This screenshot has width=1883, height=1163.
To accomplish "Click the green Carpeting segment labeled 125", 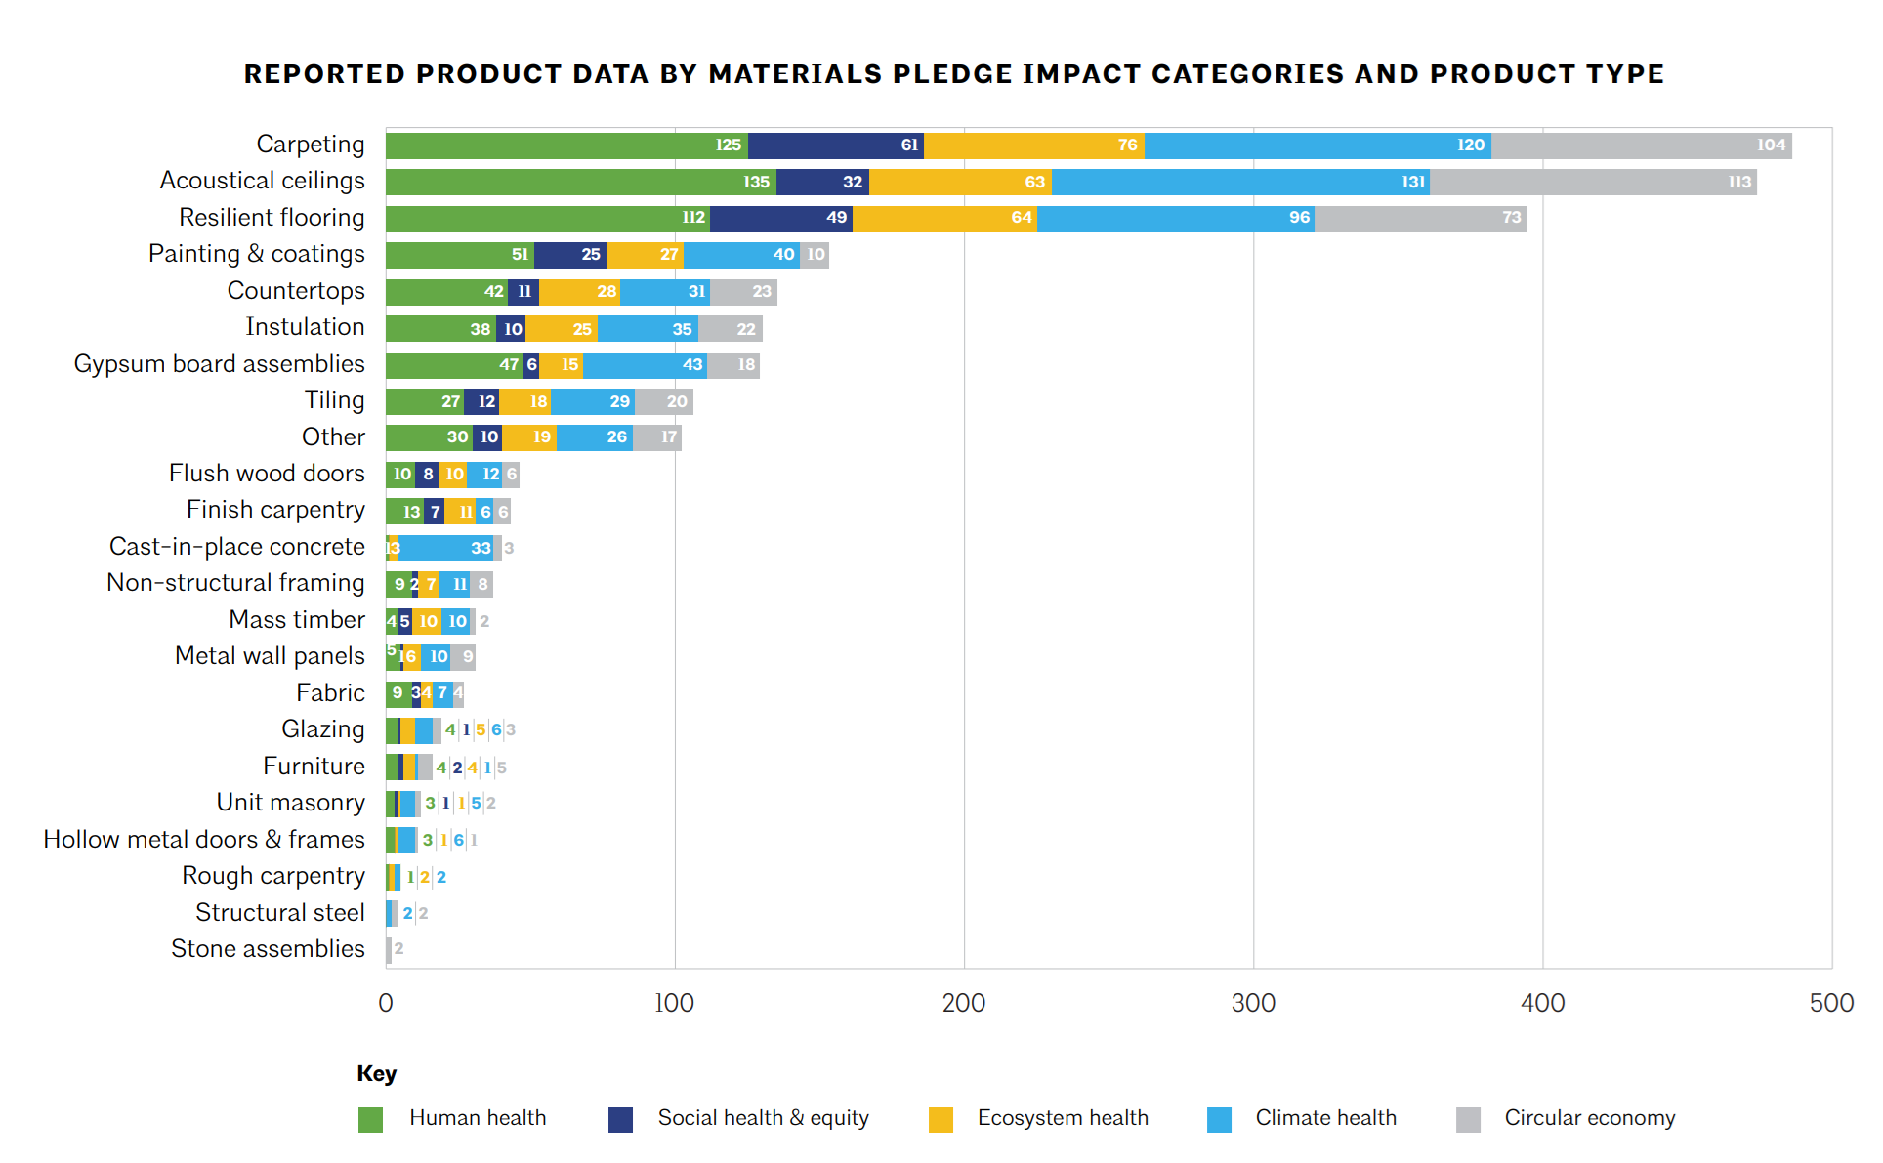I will pos(566,145).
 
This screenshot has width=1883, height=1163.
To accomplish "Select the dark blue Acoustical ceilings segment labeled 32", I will pos(822,182).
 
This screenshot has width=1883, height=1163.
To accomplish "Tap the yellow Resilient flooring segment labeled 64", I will pos(944,218).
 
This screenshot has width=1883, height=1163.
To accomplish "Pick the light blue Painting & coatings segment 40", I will pos(741,255).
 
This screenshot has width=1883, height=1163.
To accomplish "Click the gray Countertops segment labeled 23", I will pos(743,291).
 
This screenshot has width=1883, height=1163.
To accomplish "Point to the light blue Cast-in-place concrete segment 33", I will pos(446,548).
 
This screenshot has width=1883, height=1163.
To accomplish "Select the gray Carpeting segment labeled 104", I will pos(1641,145).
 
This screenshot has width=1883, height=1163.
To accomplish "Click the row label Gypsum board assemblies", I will pos(219,364).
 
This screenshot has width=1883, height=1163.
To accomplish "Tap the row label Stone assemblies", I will pos(268,949).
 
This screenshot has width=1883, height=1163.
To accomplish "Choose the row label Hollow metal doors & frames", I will pos(204,840).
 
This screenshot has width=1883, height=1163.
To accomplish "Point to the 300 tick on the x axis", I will pos(1253,1003).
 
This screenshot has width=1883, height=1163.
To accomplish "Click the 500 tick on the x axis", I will pos(1831,1003).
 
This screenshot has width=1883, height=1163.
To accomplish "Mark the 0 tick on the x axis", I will pos(386,1003).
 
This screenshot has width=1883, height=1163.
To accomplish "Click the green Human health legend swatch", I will pos(370,1119).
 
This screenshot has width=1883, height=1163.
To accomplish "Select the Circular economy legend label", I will pos(1589,1118).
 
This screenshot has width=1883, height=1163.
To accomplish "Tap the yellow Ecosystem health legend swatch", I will pos(941,1119).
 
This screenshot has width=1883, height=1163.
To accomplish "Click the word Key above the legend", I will pos(376,1074).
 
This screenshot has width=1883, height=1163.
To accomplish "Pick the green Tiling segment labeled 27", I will pos(425,401).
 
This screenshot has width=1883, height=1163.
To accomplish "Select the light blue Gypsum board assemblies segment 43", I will pos(645,365).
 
